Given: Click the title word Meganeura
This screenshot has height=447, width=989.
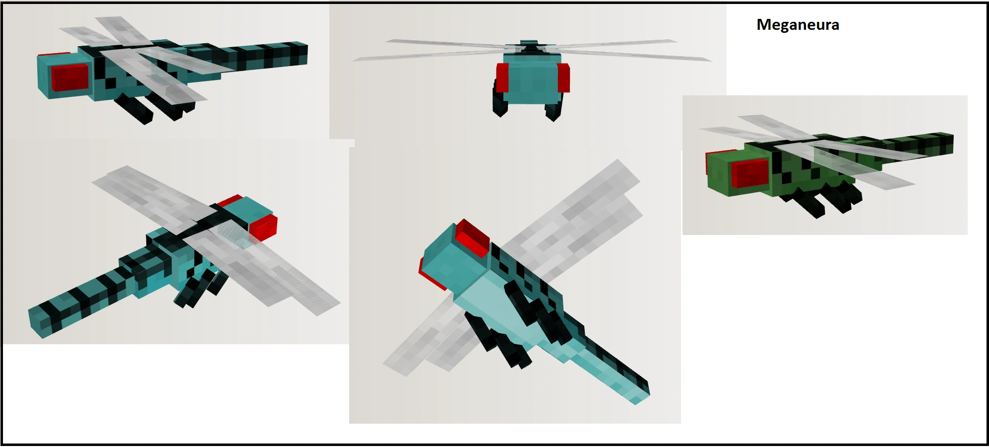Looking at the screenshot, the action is pyautogui.click(x=798, y=25).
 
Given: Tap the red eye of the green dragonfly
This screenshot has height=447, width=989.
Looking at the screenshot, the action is pyautogui.click(x=750, y=173).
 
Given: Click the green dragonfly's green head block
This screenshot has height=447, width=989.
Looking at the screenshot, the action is pyautogui.click(x=737, y=172).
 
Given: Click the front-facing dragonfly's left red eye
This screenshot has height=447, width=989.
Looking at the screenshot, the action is pyautogui.click(x=502, y=77).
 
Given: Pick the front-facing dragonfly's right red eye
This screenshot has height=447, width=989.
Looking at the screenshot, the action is pyautogui.click(x=563, y=78).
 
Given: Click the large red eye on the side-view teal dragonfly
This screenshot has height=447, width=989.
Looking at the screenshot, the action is pyautogui.click(x=70, y=78).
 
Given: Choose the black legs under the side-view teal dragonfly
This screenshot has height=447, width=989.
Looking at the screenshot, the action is pyautogui.click(x=149, y=108).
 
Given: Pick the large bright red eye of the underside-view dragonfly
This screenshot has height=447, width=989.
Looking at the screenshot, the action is pyautogui.click(x=473, y=237).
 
